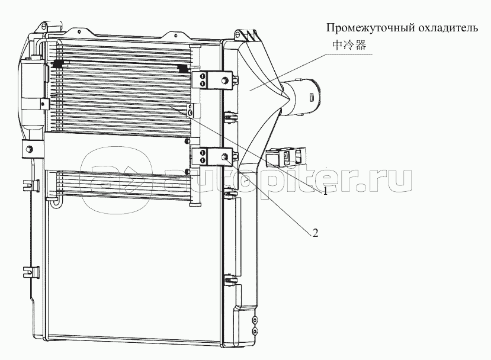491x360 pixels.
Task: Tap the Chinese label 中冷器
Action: [x=349, y=46]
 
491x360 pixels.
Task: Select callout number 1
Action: [x=325, y=191]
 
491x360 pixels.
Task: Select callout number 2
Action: [x=315, y=232]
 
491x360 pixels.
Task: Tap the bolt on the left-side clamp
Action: [x=29, y=149]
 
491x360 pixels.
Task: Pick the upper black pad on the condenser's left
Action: [x=58, y=64]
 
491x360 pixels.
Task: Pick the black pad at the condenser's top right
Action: [x=183, y=69]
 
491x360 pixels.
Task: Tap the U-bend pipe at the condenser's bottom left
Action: [x=55, y=202]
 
